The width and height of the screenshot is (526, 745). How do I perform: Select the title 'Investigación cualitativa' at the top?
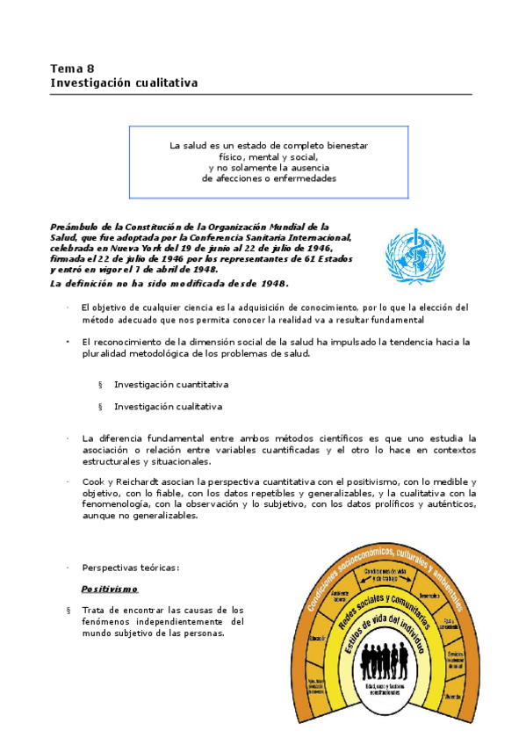[124, 83]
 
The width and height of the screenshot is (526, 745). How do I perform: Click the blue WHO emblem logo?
[415, 257]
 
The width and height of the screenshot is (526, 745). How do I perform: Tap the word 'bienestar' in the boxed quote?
[342, 145]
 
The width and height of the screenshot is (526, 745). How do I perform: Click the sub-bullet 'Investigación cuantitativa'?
[171, 385]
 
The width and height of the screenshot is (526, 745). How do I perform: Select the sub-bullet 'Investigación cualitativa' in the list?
[168, 407]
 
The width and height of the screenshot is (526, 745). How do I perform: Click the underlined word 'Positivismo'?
[110, 589]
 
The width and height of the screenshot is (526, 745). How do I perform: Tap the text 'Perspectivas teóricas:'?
[130, 568]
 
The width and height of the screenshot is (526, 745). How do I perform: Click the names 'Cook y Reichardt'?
[122, 482]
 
